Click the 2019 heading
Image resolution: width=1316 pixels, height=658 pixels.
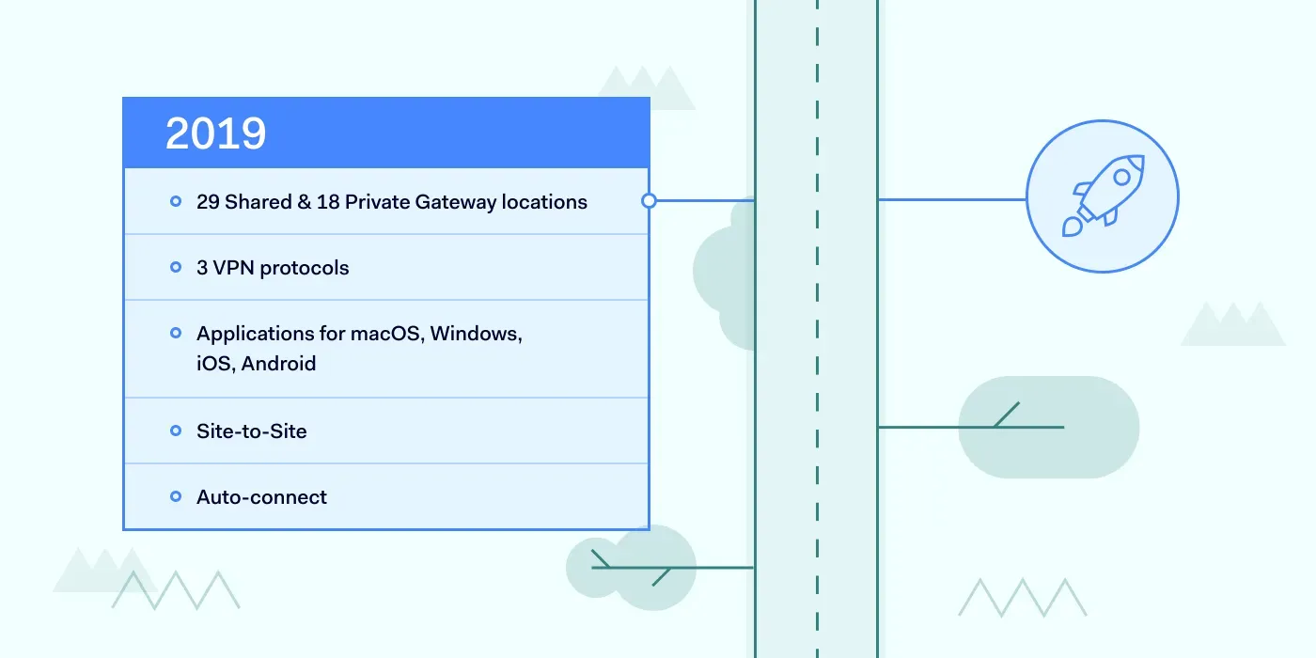click(x=215, y=133)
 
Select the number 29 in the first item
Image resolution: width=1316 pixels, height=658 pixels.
click(x=208, y=202)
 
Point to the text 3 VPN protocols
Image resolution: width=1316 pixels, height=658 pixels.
click(x=273, y=268)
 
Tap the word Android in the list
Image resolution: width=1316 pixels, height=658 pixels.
click(x=278, y=364)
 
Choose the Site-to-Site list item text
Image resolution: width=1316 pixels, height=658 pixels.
click(x=251, y=431)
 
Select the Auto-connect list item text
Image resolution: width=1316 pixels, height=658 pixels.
click(x=261, y=497)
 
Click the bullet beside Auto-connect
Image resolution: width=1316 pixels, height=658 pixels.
click(x=176, y=496)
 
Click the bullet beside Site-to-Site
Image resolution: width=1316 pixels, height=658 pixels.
click(x=176, y=431)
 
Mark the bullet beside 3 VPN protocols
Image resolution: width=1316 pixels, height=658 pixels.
click(x=176, y=267)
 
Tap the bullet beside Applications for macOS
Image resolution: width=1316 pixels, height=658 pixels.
click(x=176, y=333)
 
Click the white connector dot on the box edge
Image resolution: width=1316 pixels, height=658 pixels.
click(x=649, y=200)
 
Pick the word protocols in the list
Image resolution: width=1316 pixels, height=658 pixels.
click(x=304, y=268)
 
